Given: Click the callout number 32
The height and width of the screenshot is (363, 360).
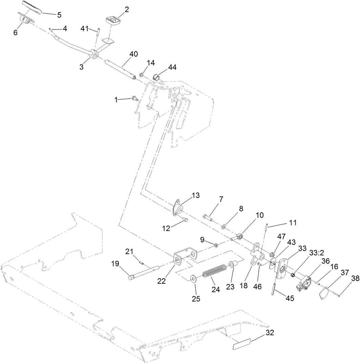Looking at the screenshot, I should (x=270, y=332).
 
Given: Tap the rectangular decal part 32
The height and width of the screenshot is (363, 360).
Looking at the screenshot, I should (x=241, y=344).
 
